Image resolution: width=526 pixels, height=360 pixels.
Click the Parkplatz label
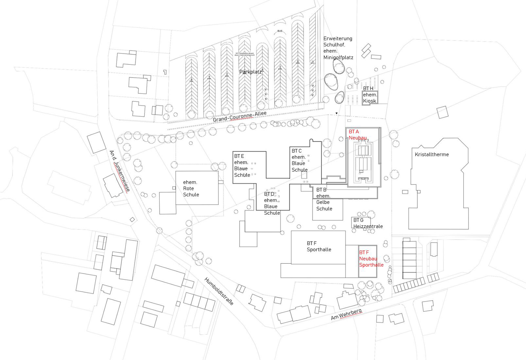pyautogui.click(x=250, y=72)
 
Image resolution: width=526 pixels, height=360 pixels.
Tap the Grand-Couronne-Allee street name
pyautogui.click(x=239, y=117)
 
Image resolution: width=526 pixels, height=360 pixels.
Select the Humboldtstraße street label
pyautogui.click(x=219, y=291)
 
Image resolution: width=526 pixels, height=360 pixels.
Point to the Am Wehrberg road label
pyautogui.click(x=346, y=314)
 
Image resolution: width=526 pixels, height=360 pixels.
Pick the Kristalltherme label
pyautogui.click(x=431, y=155)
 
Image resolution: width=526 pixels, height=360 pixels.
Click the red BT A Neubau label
pyautogui.click(x=358, y=135)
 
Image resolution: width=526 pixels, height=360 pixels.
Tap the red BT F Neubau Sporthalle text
pyautogui.click(x=371, y=259)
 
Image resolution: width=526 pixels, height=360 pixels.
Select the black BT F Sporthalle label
pyautogui.click(x=319, y=246)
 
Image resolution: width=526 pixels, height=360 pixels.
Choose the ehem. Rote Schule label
pyautogui.click(x=191, y=188)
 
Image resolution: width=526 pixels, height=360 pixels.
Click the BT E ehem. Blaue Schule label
pyautogui.click(x=242, y=166)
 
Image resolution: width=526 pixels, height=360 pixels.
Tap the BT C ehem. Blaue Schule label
pyautogui.click(x=299, y=160)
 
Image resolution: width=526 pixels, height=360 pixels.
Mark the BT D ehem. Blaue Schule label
pyautogui.click(x=272, y=203)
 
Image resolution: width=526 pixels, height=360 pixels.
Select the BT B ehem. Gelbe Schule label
pyautogui.click(x=324, y=199)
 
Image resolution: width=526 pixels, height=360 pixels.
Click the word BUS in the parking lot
pyautogui.click(x=280, y=31)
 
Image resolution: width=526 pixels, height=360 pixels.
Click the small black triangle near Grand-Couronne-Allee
pyautogui.click(x=336, y=113)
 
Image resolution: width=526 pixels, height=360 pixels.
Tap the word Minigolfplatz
pyautogui.click(x=338, y=58)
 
